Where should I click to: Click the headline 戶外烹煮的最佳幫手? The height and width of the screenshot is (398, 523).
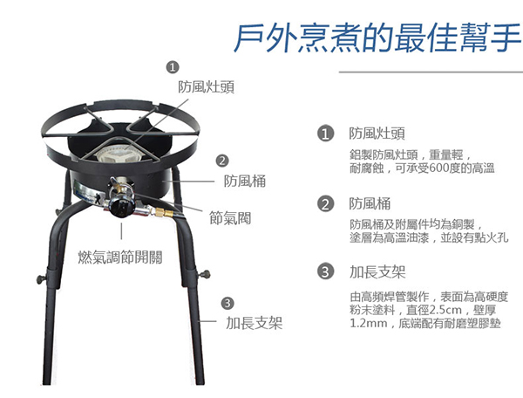pyautogui.click(x=377, y=37)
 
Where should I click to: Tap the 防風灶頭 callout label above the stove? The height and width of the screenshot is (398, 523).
pyautogui.click(x=206, y=86)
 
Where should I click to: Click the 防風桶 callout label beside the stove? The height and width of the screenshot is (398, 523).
pyautogui.click(x=244, y=182)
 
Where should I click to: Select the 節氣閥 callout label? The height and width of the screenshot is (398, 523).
pyautogui.click(x=230, y=218)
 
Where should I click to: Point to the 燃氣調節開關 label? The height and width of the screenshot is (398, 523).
pyautogui.click(x=120, y=257)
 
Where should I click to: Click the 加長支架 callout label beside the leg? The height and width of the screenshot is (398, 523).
pyautogui.click(x=255, y=323)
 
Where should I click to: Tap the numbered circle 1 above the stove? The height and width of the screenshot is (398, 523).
pyautogui.click(x=173, y=67)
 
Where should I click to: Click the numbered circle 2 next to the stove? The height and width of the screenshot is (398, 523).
pyautogui.click(x=222, y=161)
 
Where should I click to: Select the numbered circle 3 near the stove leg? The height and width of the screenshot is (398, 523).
pyautogui.click(x=228, y=303)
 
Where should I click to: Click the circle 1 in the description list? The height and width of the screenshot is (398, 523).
pyautogui.click(x=325, y=134)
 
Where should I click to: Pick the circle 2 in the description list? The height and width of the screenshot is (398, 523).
pyautogui.click(x=325, y=203)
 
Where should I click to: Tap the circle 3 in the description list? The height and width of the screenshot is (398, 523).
pyautogui.click(x=325, y=271)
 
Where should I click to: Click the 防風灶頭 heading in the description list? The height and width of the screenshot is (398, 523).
pyautogui.click(x=377, y=134)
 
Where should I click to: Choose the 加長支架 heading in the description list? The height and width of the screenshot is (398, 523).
pyautogui.click(x=377, y=271)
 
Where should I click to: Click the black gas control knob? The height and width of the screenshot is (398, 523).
pyautogui.click(x=120, y=207)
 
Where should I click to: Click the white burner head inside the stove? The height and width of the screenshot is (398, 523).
pyautogui.click(x=117, y=155)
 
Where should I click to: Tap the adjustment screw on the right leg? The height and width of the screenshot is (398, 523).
pyautogui.click(x=204, y=275)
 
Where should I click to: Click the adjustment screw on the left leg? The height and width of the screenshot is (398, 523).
pyautogui.click(x=41, y=278)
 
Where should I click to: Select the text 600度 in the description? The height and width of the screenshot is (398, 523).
pyautogui.click(x=438, y=168)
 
